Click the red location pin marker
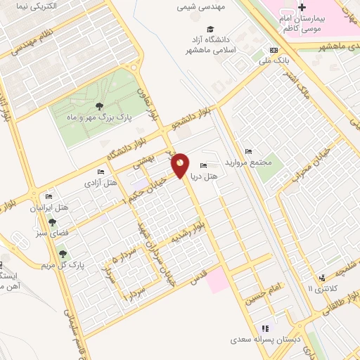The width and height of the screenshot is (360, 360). coord(180,165)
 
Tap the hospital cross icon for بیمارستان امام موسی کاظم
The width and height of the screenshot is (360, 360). coord(302,8)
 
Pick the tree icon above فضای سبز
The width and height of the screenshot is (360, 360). coord(52,221)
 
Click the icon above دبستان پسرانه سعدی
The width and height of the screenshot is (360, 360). coord(265,328)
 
